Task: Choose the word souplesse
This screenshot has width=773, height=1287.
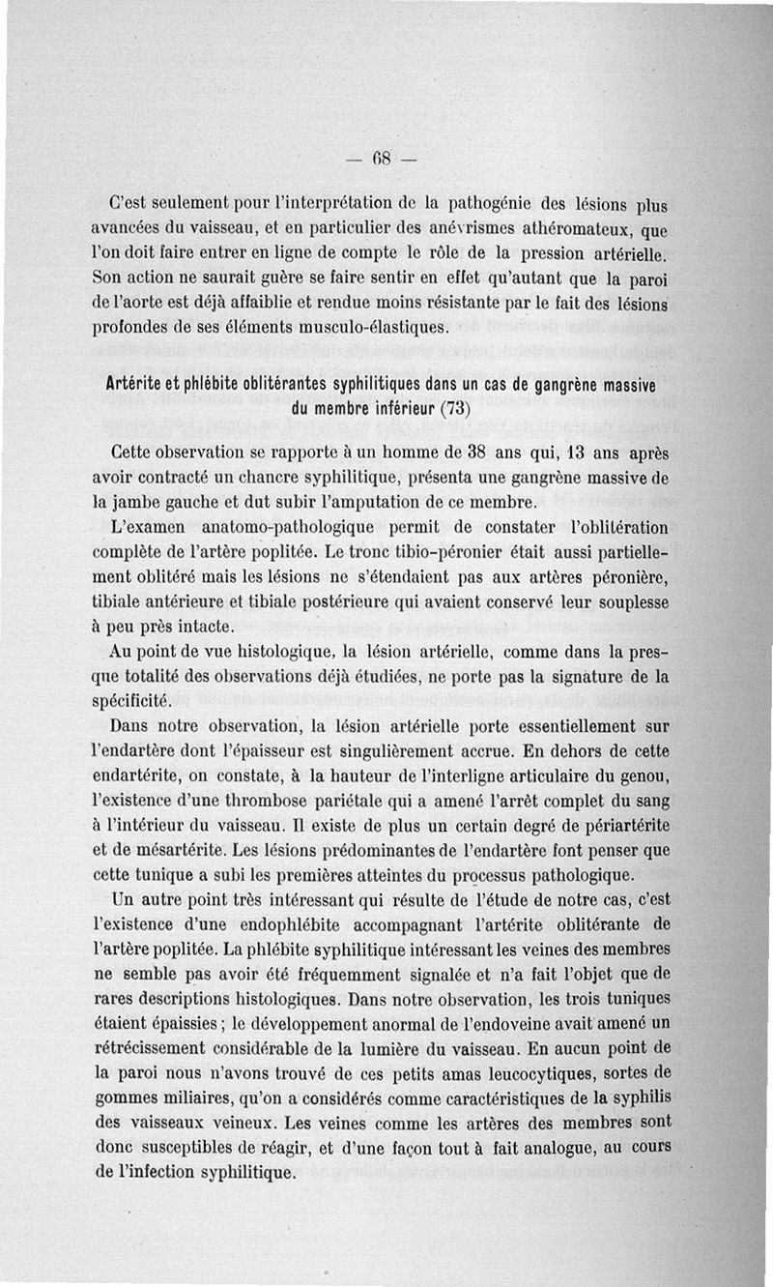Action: tap(630, 603)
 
